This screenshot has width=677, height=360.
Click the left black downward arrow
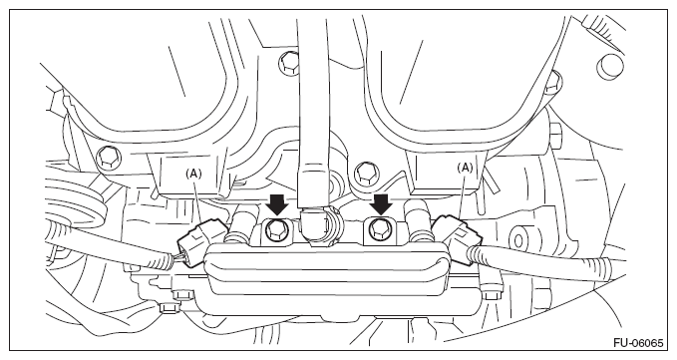[276, 204]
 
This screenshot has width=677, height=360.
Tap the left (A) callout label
[193, 174]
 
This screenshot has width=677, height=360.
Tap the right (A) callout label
[465, 168]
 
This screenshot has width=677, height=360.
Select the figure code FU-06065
[638, 343]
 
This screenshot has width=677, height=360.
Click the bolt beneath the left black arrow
[275, 229]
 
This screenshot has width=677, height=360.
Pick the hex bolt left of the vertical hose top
[289, 63]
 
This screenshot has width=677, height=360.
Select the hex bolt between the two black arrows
[366, 173]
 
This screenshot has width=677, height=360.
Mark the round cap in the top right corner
[610, 67]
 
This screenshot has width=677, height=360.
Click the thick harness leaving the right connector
[548, 263]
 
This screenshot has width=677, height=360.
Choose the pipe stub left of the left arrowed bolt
[243, 226]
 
